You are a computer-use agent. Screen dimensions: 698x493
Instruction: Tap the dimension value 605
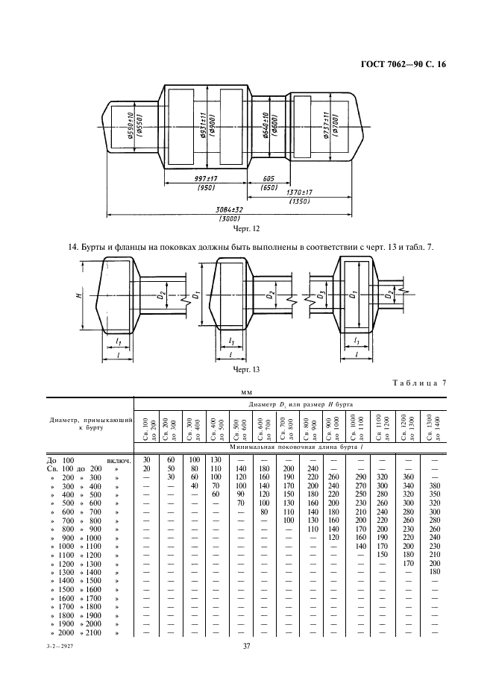(269, 180)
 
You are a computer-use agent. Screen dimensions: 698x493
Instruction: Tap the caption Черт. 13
(246, 369)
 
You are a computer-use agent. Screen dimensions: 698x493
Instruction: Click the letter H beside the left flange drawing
(79, 296)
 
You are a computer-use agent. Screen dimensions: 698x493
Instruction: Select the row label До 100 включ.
(89, 460)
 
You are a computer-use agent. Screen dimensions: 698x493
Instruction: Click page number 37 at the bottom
(246, 646)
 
